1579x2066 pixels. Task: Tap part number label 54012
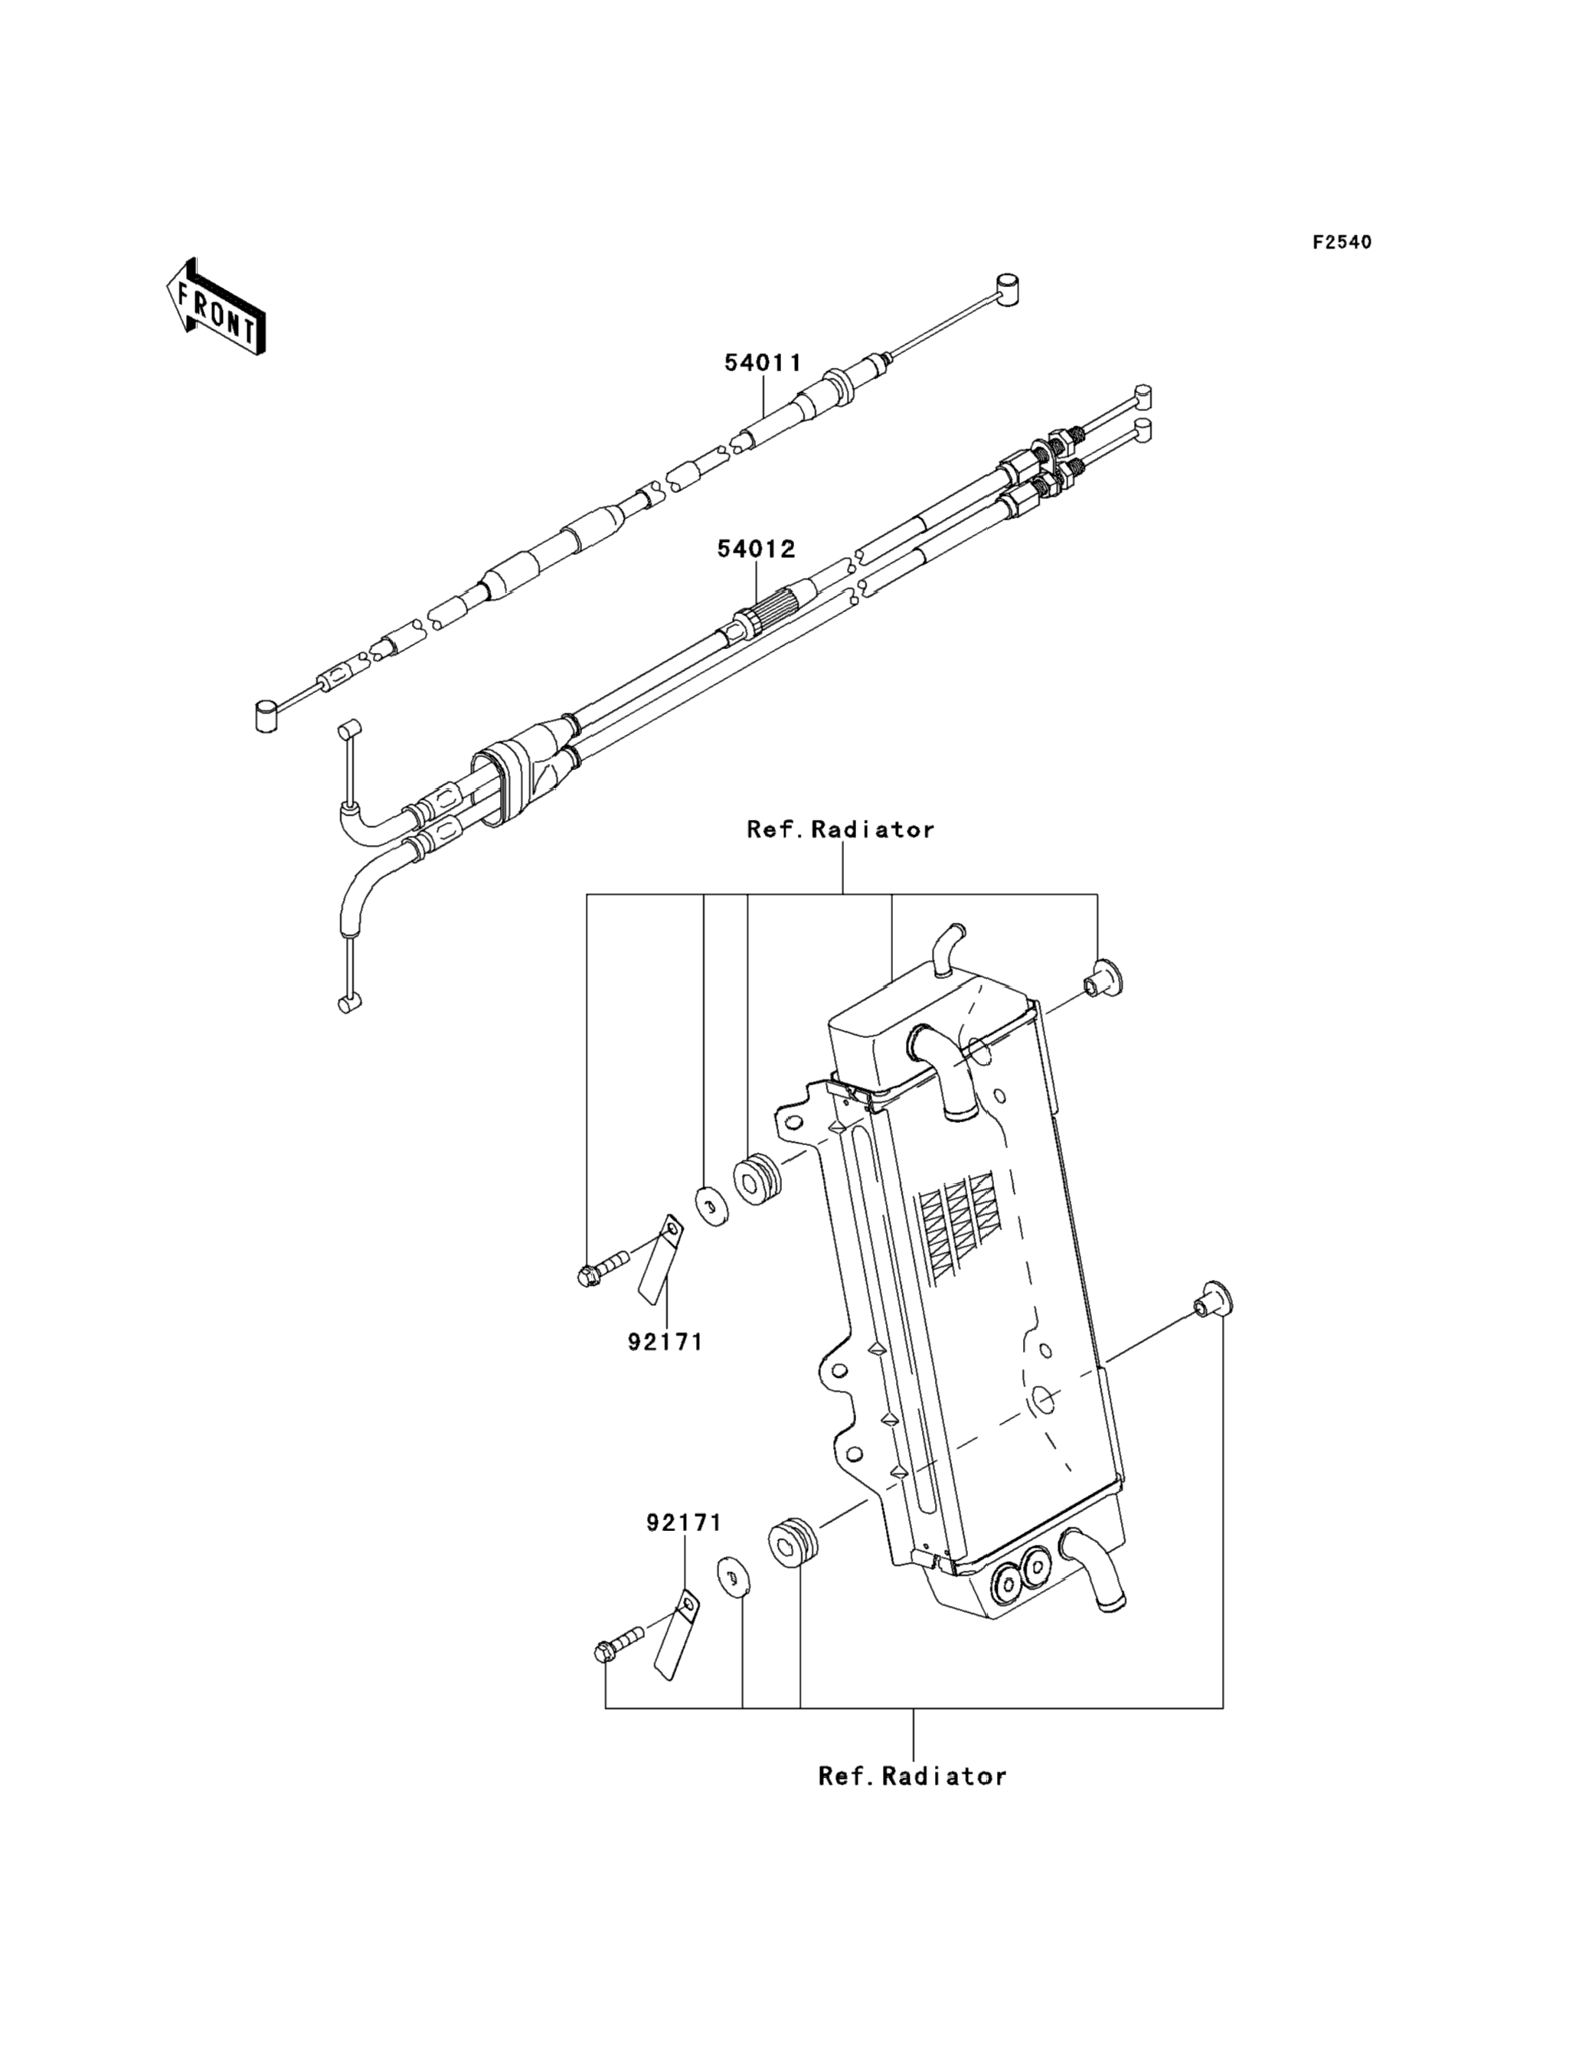pyautogui.click(x=757, y=549)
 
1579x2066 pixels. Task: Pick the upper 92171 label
pyautogui.click(x=665, y=1343)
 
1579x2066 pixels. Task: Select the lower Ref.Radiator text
pyautogui.click(x=912, y=1776)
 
